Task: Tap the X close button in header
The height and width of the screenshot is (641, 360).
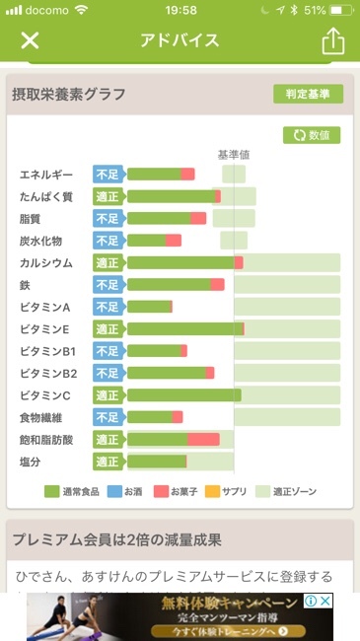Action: click(31, 40)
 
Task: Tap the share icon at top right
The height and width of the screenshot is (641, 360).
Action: click(332, 40)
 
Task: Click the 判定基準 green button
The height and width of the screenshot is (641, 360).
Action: click(308, 94)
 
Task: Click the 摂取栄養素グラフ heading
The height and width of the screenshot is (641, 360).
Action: click(69, 95)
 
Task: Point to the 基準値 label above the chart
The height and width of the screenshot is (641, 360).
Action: click(234, 154)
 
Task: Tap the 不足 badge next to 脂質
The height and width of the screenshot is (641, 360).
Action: click(108, 218)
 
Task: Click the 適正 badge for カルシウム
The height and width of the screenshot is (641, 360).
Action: click(108, 262)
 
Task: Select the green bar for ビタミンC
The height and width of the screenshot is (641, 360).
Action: click(183, 394)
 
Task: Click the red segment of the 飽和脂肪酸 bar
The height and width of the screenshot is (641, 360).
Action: click(203, 439)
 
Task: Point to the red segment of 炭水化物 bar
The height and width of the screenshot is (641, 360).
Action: click(174, 241)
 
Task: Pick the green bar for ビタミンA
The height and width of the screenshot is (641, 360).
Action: click(149, 307)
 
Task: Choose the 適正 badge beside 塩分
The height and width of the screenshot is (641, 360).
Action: click(108, 462)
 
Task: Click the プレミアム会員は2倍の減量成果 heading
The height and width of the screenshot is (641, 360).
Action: click(116, 539)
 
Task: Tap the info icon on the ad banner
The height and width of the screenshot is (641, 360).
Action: click(310, 601)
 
